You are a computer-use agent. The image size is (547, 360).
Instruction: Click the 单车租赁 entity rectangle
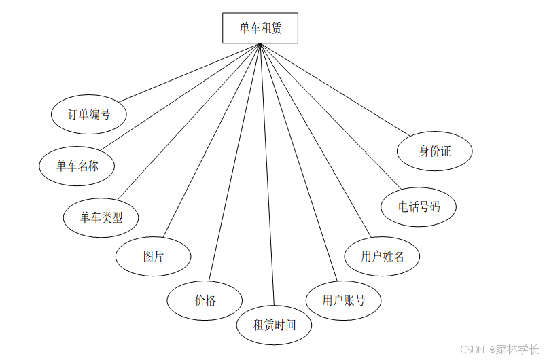point(260,29)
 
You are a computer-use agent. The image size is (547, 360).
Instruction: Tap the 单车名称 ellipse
point(77,165)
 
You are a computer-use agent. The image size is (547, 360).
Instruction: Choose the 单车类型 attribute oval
point(101,217)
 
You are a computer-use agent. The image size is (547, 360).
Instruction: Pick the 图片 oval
point(153,256)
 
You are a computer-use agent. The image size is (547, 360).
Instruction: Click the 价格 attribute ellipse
point(205,300)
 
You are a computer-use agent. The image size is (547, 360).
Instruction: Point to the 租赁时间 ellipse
point(275,325)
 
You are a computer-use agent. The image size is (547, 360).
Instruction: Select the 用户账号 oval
point(343,300)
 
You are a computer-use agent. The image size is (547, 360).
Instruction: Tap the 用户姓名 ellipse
point(382,256)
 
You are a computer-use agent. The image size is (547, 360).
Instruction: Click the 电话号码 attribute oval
point(418,206)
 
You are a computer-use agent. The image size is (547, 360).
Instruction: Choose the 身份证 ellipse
point(435,151)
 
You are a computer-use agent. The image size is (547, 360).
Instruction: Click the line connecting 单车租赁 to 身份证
point(336,88)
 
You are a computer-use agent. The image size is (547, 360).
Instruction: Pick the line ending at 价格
point(235,163)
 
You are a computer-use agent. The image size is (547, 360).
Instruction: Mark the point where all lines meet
point(260,44)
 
